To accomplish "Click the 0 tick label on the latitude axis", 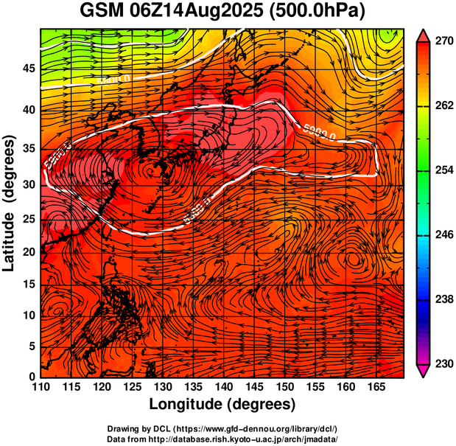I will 32,377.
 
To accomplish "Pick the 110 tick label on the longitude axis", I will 41,388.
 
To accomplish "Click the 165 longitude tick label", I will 374,388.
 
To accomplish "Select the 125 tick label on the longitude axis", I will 131,388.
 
